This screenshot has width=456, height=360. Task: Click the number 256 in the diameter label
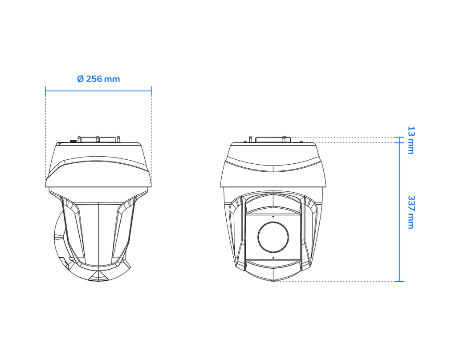(x=94, y=79)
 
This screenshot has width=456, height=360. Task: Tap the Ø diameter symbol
(x=80, y=79)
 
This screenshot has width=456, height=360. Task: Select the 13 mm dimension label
(x=411, y=140)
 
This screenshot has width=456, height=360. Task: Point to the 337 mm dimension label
(x=411, y=212)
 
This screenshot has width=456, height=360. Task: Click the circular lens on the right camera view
(x=273, y=237)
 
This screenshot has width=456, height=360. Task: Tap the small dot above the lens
(x=273, y=216)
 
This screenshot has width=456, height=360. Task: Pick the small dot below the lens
(x=273, y=258)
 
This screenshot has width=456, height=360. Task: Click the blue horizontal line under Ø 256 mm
(x=98, y=91)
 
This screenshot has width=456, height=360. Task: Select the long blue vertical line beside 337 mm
(x=399, y=212)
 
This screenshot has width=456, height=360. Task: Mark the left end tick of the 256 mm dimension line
(x=46, y=91)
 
